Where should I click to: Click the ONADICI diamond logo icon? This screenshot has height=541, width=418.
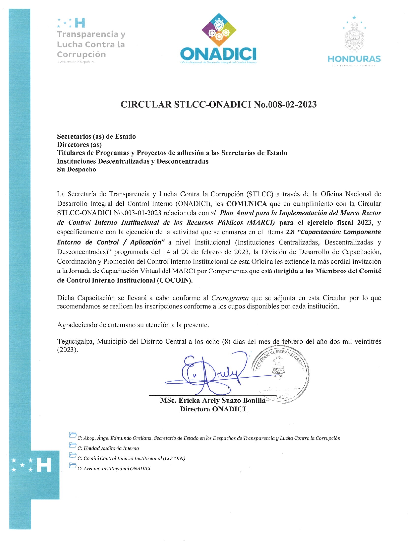(x=219, y=30)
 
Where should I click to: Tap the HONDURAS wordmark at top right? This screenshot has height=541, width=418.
(x=354, y=59)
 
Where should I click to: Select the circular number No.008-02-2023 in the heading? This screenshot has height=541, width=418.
(x=285, y=104)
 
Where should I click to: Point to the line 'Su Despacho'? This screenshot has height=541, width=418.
(x=77, y=170)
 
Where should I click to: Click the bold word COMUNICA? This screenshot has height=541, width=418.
(x=246, y=204)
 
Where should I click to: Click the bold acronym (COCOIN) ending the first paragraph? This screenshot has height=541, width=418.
(x=175, y=281)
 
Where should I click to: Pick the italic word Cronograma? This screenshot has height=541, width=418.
(x=229, y=298)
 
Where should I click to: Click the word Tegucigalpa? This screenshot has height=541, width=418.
(x=76, y=342)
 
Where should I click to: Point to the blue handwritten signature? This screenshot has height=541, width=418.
(x=210, y=374)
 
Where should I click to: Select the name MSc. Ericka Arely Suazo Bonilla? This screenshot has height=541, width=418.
(x=213, y=401)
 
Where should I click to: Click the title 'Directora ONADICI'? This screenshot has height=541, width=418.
(x=212, y=409)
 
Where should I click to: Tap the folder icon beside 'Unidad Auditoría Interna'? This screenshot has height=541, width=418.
(x=72, y=445)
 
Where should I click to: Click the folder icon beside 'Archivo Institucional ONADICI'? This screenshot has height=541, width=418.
(x=72, y=466)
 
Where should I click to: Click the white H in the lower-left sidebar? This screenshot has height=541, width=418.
(x=44, y=465)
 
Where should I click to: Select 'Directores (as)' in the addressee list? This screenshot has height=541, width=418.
(x=79, y=145)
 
